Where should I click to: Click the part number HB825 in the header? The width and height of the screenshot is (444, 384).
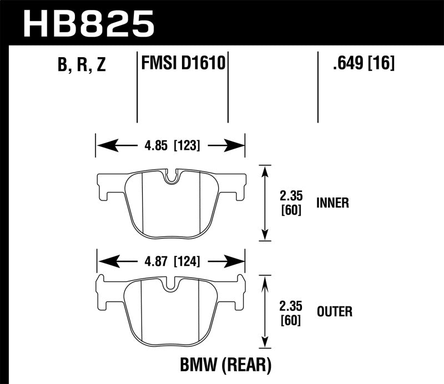coord(88,24)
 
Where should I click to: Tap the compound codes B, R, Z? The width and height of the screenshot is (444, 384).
coord(81,65)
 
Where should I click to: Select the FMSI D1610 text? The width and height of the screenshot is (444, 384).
coord(183,64)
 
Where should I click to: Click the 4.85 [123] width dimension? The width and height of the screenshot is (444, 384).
coord(170,146)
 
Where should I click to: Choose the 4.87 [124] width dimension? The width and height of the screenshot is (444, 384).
coord(171,261)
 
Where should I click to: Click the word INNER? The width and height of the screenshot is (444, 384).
coord(332,203)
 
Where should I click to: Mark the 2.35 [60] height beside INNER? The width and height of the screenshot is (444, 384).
coord(291,203)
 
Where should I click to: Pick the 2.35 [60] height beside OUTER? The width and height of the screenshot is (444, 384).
coord(291,311)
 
